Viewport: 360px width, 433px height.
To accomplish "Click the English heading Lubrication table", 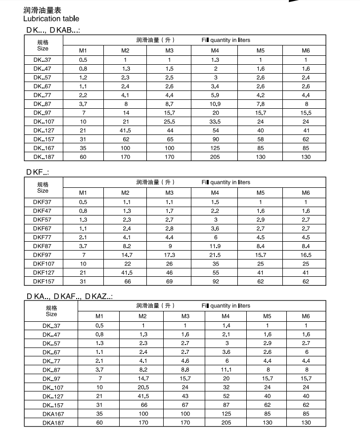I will point(51,19).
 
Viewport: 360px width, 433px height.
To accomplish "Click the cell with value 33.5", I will point(215,122).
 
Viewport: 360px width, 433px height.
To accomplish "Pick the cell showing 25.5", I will point(170,122).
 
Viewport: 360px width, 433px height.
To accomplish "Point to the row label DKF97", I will point(43,255).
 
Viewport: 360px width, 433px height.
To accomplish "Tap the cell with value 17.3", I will point(170,255).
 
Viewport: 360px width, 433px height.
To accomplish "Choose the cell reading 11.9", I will point(215,246).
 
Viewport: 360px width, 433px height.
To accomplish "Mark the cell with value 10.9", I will point(215,104).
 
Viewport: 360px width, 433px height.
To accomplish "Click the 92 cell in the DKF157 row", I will point(215,282).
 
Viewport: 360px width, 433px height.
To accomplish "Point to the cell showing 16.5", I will point(306,255).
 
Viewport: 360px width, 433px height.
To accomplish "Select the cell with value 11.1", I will point(225,370).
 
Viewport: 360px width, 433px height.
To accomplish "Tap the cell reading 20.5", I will point(142,388).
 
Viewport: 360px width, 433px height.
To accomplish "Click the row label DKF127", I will point(43,273).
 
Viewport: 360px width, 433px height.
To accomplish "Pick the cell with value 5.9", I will point(215,95).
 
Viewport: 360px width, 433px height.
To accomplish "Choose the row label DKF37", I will point(43,202).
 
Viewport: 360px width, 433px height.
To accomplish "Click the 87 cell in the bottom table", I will point(225,405).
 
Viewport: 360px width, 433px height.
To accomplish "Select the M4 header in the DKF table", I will point(215,193).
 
